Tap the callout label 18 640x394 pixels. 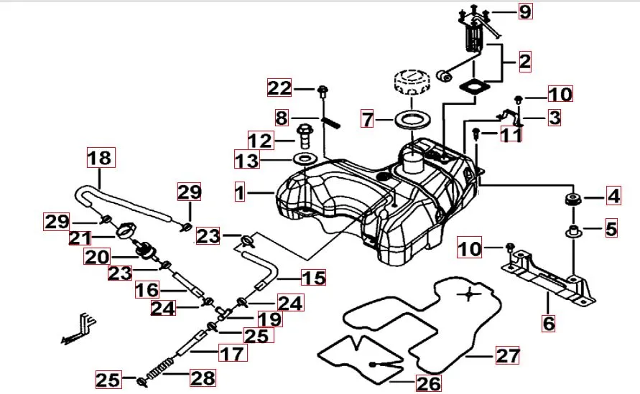pos(101,156)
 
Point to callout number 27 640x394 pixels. pos(507,355)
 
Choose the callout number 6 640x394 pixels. pos(549,323)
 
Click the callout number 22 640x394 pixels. pos(280,88)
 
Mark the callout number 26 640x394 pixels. pos(429,383)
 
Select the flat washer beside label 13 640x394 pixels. pos(305,158)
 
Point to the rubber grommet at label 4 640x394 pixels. pos(573,197)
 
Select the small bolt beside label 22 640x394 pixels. pos(323,90)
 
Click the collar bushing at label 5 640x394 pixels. pos(573,231)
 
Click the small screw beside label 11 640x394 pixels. pos(476,132)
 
